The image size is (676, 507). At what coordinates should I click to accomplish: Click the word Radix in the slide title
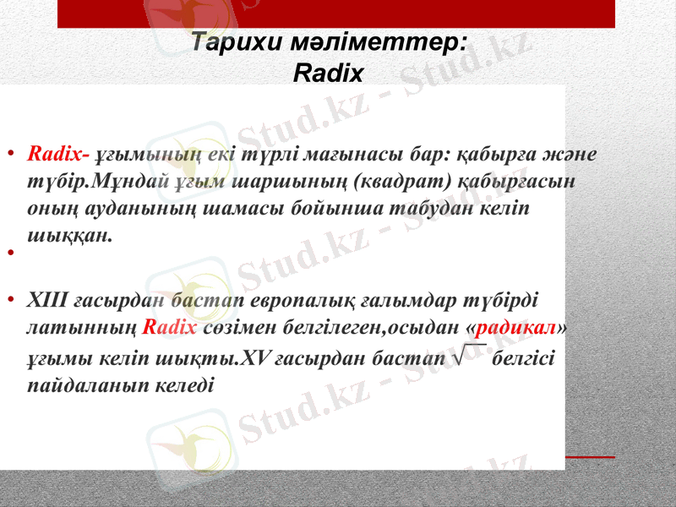pos(328,74)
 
